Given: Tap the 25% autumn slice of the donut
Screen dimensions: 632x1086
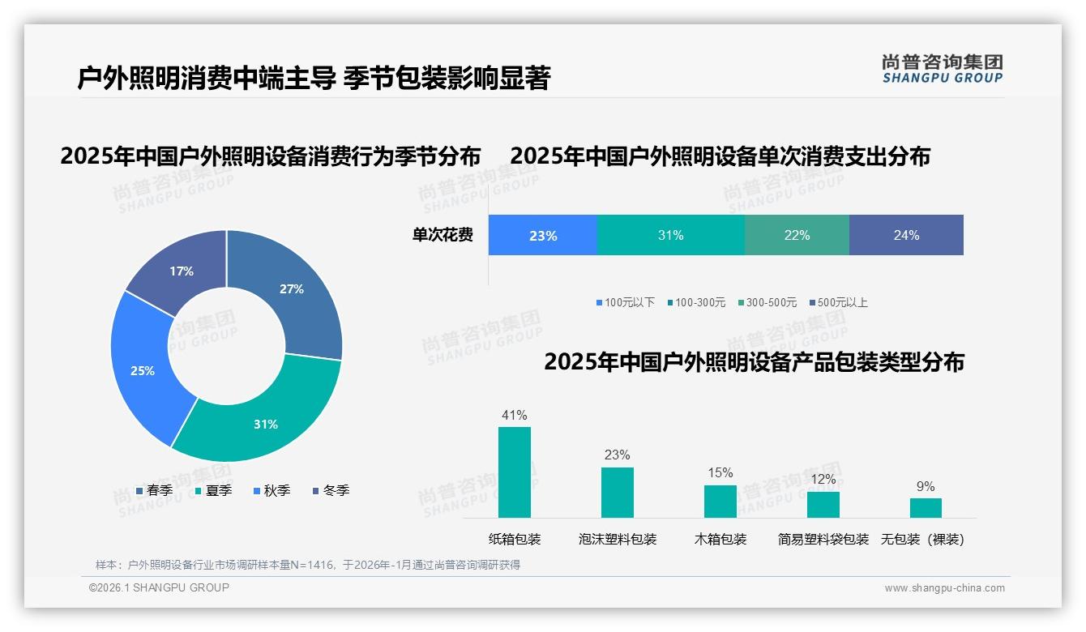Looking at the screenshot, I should click(146, 369).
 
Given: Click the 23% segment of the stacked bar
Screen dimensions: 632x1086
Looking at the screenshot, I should click(542, 236).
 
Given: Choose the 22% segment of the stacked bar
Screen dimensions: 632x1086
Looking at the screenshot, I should click(797, 236).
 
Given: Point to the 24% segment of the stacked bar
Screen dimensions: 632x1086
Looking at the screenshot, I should click(906, 236).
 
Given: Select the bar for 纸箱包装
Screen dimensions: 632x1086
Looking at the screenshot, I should click(515, 472).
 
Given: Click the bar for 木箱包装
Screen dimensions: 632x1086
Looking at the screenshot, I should click(720, 502).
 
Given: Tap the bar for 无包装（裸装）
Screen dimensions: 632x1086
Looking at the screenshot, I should click(926, 508).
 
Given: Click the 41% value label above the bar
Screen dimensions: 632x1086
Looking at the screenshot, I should click(515, 416).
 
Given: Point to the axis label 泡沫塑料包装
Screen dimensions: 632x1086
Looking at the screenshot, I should click(618, 540).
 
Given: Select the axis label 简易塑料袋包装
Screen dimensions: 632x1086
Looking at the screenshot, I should click(823, 540).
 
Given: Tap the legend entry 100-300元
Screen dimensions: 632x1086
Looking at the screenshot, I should click(696, 303).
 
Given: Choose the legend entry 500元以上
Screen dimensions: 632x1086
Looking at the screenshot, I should click(838, 303).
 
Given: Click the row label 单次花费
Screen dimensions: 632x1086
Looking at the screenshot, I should click(443, 236).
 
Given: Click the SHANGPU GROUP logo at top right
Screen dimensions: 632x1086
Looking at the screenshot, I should click(942, 69).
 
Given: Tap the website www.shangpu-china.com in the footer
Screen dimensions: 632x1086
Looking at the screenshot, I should click(944, 588).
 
